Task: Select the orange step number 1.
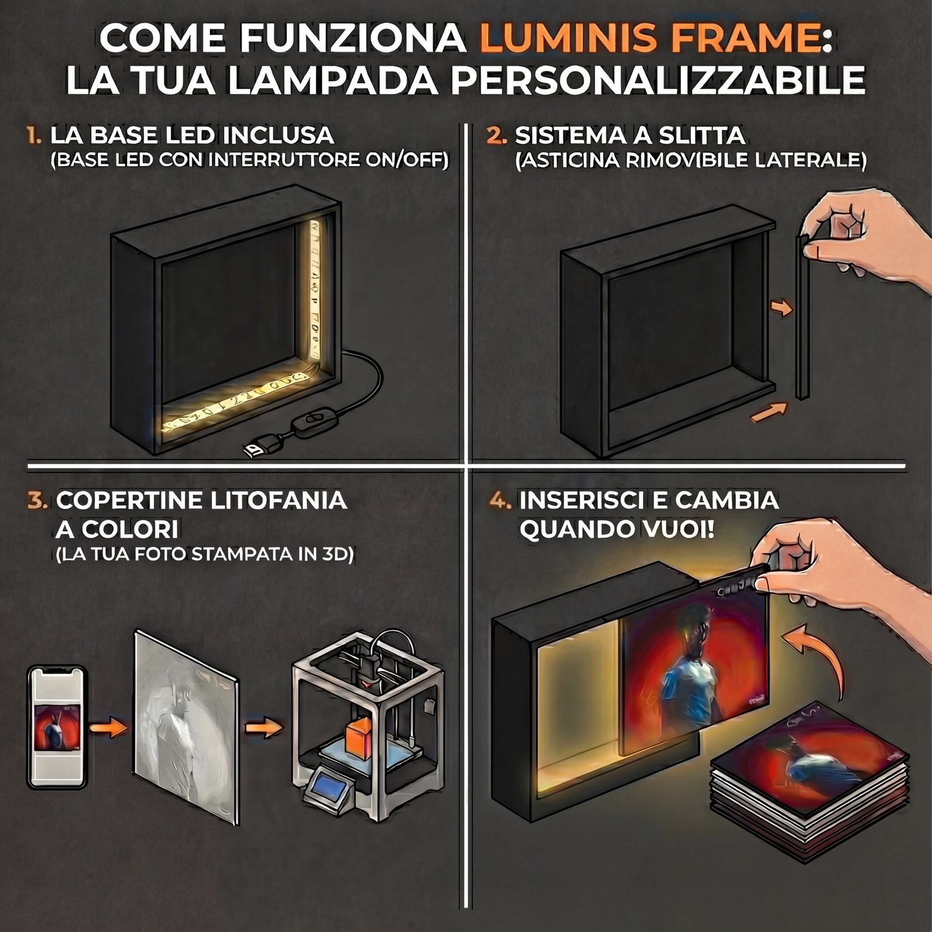[34, 136]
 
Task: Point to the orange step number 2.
[496, 136]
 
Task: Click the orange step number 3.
[37, 501]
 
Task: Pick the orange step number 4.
[500, 501]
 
